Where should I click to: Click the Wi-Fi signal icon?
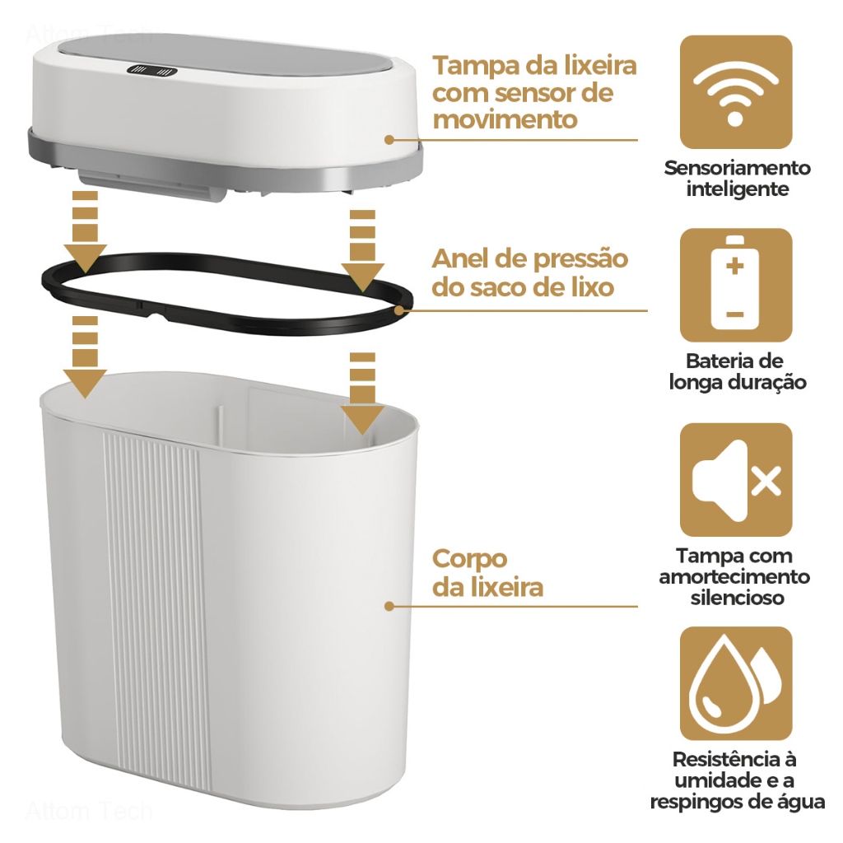pyautogui.click(x=735, y=92)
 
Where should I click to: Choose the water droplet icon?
pyautogui.click(x=735, y=682)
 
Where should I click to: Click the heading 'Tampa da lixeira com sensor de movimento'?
pyautogui.click(x=534, y=92)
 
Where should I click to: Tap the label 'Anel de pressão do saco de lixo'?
pyautogui.click(x=529, y=272)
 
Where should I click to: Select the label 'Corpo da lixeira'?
pyautogui.click(x=487, y=573)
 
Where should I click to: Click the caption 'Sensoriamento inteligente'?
pyautogui.click(x=737, y=179)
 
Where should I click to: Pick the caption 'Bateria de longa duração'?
pyautogui.click(x=737, y=371)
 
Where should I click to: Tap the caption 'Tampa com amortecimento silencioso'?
pyautogui.click(x=735, y=576)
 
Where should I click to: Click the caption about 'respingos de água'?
pyautogui.click(x=737, y=780)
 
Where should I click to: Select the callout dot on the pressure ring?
pyautogui.click(x=400, y=310)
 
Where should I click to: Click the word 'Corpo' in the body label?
pyautogui.click(x=469, y=559)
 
